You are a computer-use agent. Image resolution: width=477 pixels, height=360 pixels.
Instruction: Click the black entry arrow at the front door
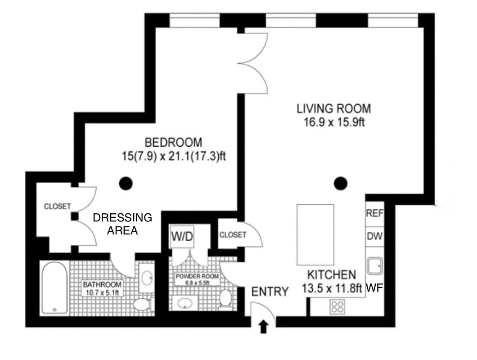click(264, 327)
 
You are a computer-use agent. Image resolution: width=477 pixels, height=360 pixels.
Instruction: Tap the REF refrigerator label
click(374, 213)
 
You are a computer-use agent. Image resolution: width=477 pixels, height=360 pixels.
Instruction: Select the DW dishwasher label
click(374, 236)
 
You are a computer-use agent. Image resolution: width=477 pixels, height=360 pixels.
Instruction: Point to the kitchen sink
click(374, 266)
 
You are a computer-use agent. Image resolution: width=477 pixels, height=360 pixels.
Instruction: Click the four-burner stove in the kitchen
click(337, 306)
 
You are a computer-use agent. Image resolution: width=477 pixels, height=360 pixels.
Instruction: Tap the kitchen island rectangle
click(315, 234)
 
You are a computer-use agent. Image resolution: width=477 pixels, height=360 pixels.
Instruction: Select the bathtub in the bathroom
click(54, 288)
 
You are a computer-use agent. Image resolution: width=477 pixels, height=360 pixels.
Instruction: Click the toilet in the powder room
click(225, 299)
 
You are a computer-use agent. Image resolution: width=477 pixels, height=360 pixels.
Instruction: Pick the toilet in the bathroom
click(144, 303)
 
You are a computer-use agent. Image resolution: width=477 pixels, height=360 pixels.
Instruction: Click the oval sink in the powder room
click(186, 303)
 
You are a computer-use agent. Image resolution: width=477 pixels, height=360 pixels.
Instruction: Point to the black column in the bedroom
click(126, 183)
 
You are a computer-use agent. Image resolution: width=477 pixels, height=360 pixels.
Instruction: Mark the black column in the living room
click(341, 183)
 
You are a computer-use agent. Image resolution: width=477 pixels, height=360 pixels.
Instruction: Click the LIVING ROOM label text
click(333, 108)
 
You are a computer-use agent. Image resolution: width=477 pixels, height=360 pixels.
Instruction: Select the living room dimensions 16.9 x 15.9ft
click(333, 122)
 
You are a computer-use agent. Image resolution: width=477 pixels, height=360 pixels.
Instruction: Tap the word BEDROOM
click(173, 143)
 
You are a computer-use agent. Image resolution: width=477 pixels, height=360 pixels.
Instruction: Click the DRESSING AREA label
click(122, 224)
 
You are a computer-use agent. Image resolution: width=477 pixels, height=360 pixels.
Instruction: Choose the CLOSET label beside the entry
click(233, 235)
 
